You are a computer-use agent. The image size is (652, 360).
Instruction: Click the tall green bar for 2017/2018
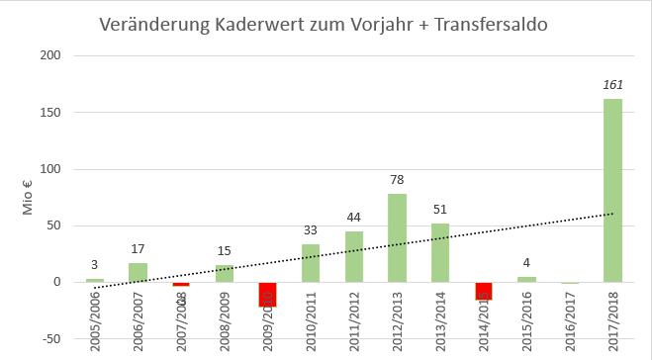(x=612, y=190)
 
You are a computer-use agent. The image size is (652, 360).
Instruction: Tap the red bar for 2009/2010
(x=267, y=294)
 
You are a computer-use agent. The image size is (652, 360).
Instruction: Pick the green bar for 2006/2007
(x=138, y=272)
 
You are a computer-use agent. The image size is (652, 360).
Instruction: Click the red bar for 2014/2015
(x=483, y=291)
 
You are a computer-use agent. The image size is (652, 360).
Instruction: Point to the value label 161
(x=612, y=86)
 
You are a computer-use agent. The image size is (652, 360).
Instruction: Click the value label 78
(x=397, y=181)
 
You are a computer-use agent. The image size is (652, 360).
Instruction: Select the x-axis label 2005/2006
(x=95, y=319)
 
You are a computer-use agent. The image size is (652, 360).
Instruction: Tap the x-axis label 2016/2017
(x=570, y=319)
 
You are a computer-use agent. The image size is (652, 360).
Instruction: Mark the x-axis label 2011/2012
(x=354, y=319)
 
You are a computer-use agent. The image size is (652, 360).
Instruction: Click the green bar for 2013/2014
(x=440, y=252)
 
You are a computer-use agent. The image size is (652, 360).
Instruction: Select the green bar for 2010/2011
(x=311, y=263)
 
